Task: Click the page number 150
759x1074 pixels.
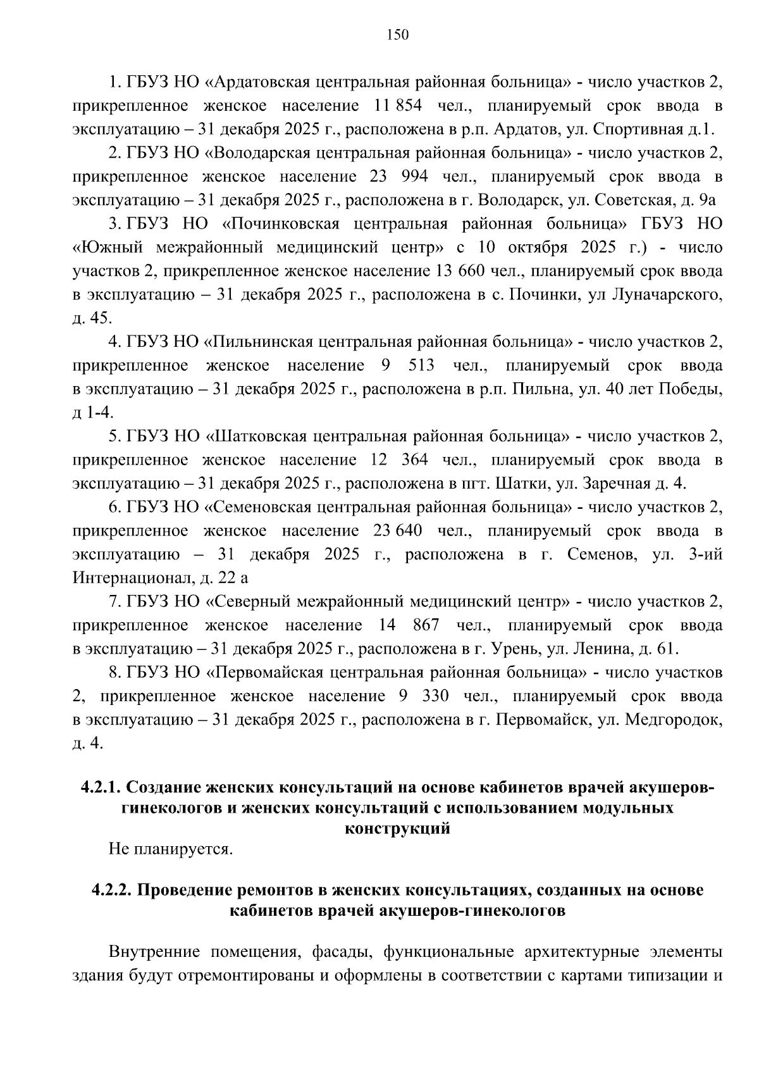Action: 398,35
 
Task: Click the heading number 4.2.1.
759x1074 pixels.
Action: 101,788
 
